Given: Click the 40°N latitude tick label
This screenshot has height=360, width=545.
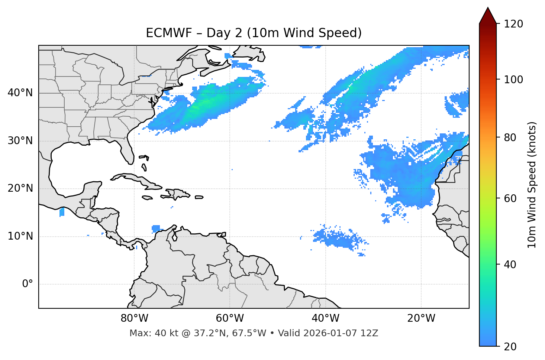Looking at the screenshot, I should point(20,93).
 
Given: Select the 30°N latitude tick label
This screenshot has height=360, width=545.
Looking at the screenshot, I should point(20,141).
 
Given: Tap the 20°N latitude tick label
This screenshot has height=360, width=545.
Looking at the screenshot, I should point(20,188).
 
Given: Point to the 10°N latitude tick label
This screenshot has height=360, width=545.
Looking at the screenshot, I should point(20,236).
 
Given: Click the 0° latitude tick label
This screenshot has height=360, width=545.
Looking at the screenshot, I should point(27,284).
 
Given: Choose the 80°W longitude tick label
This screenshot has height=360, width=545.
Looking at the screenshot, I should point(134,318).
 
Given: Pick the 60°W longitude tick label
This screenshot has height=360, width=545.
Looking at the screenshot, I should point(230,318).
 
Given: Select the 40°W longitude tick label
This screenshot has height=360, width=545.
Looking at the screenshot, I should point(325,318).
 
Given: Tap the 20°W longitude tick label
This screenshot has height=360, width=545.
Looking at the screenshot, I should point(421,318).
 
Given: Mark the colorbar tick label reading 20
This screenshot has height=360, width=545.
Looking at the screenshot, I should point(510,346).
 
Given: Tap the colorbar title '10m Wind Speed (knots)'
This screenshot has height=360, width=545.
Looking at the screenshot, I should point(532,185).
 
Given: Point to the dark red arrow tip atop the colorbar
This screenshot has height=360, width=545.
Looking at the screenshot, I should point(487,11).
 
